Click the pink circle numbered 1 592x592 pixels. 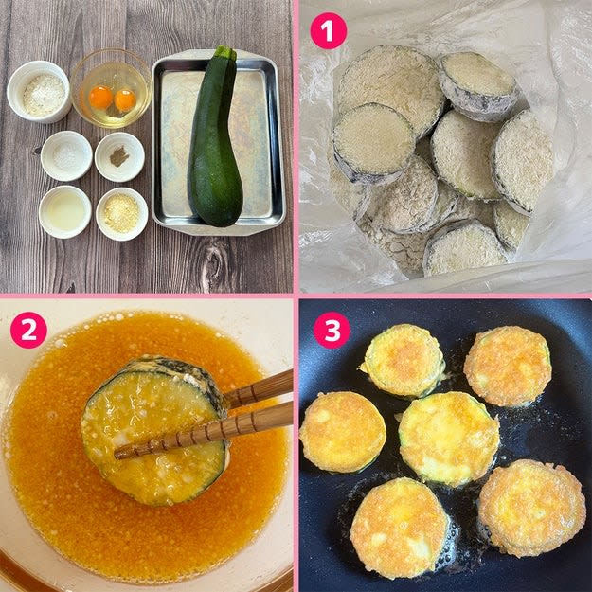tap(328, 30)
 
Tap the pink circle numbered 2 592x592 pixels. tap(28, 330)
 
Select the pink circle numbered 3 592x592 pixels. tap(332, 330)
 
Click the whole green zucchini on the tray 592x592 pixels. tap(214, 137)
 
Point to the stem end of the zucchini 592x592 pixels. tap(225, 53)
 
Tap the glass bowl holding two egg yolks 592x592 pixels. tap(111, 88)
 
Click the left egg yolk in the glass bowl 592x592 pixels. tap(100, 98)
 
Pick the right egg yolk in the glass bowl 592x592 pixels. tap(125, 100)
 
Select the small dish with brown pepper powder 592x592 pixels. tap(119, 156)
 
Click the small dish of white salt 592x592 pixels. tap(66, 156)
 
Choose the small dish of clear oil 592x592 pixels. tap(65, 212)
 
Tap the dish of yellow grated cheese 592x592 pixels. tap(121, 214)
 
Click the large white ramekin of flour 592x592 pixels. tap(39, 92)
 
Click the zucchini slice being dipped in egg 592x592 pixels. tap(154, 430)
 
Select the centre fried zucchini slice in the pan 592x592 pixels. tap(449, 439)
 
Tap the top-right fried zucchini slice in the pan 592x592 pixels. tap(508, 366)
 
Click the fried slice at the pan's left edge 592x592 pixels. tap(343, 432)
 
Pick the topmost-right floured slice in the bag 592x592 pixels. tap(477, 86)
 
